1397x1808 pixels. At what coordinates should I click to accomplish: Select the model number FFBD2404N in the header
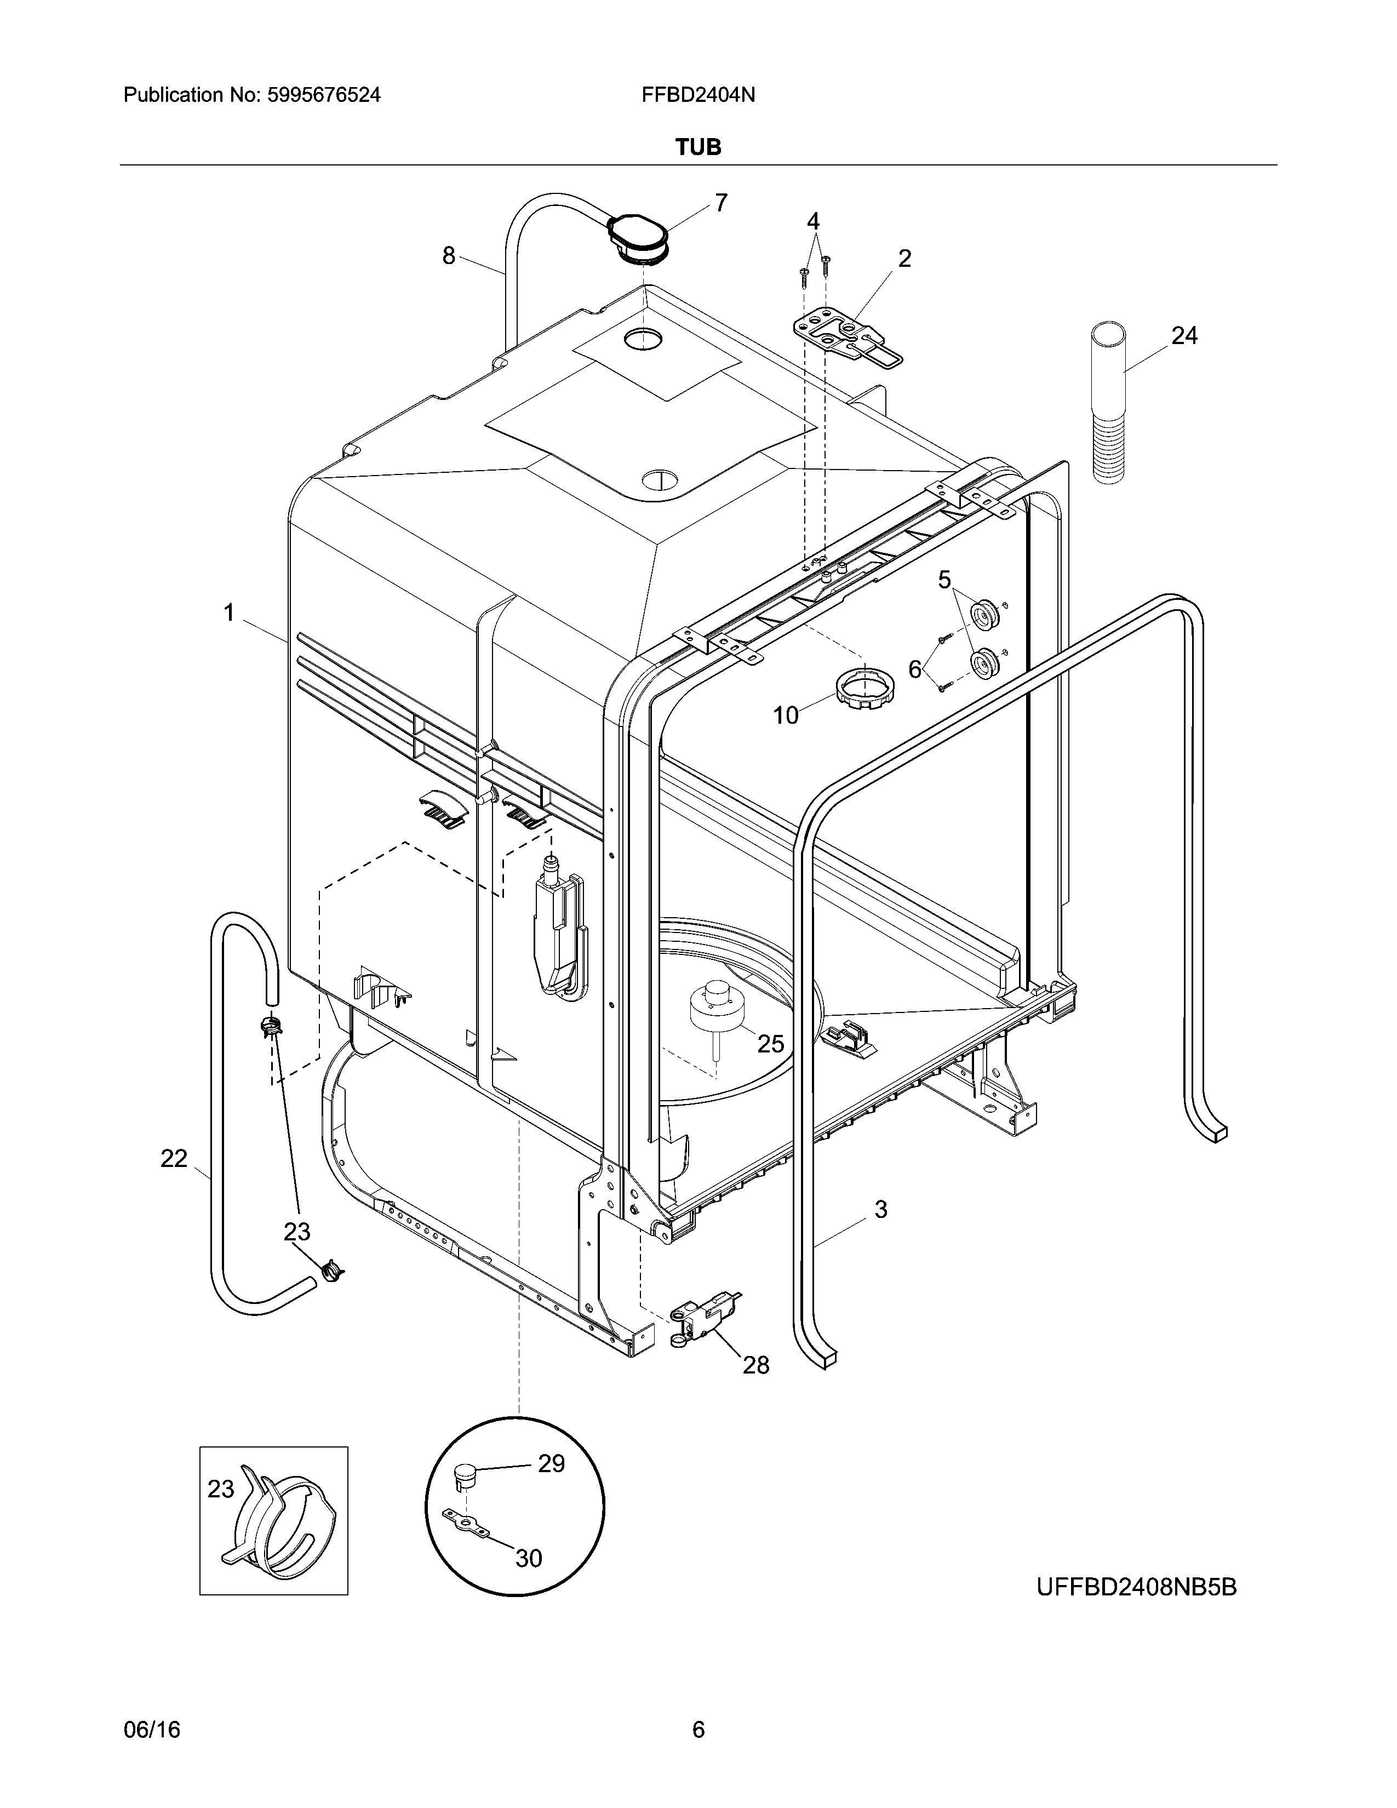click(697, 95)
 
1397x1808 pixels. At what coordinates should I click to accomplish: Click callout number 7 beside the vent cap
click(721, 203)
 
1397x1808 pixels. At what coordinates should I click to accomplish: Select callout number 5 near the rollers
click(944, 580)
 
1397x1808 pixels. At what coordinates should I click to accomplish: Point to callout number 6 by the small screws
click(914, 669)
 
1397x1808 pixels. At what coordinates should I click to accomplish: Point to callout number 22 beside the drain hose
click(174, 1158)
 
